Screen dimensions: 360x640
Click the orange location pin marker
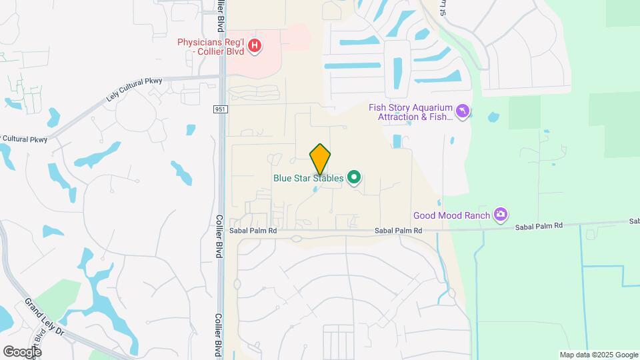(320, 159)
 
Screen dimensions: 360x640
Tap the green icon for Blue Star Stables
(355, 178)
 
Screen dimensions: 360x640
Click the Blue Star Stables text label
(309, 178)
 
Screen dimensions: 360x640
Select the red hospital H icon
(254, 46)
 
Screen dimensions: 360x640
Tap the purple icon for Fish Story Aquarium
(463, 110)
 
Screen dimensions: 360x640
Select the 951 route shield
(221, 109)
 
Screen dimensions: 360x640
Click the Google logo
(22, 351)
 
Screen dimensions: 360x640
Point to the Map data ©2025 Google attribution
(598, 355)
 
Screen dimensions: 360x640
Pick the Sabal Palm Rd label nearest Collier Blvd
(253, 231)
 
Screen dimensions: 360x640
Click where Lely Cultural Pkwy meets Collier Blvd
(221, 77)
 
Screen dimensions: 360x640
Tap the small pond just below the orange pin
(316, 190)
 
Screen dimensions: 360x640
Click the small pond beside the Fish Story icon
(493, 117)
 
